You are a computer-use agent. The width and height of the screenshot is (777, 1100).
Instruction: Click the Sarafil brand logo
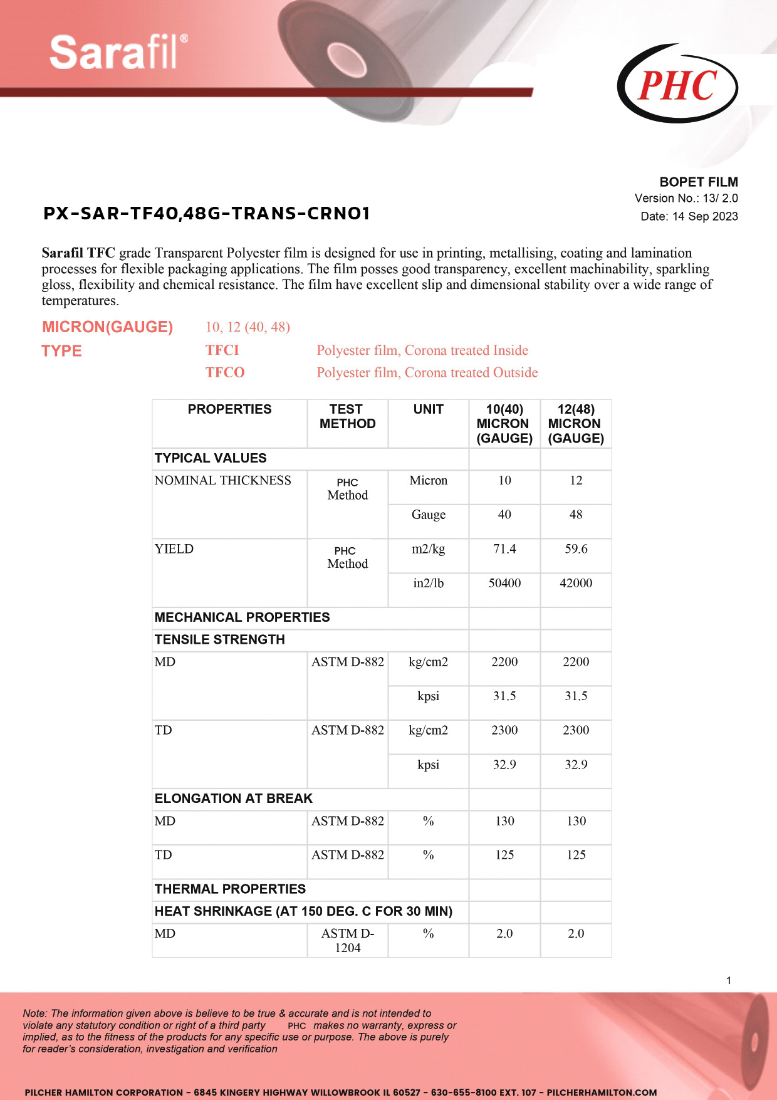point(118,53)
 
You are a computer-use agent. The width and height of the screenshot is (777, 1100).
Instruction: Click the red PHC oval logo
point(677,85)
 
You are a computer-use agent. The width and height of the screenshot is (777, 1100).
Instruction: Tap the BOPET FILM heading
point(699,182)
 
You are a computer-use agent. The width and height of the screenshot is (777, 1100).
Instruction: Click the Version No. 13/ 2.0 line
point(686,198)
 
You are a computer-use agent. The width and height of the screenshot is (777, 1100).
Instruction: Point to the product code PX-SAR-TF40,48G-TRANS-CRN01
point(207,214)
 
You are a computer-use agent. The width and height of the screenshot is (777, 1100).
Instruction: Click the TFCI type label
point(222,350)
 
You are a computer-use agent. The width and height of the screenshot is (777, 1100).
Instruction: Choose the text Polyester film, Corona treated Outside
point(427,372)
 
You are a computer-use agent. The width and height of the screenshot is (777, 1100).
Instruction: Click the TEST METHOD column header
point(347,416)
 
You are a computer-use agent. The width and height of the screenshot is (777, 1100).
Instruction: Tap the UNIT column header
point(428,409)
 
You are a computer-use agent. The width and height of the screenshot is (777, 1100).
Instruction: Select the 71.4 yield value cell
point(504,549)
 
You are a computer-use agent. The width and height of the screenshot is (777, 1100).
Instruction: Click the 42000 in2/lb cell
point(576,583)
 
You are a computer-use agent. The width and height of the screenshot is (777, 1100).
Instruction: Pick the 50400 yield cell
point(504,583)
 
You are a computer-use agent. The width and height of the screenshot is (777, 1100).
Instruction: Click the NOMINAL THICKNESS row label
point(222,481)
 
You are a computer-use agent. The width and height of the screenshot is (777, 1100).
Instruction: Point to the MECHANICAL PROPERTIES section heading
point(242,617)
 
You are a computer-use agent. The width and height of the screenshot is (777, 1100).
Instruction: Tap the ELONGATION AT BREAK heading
point(233,799)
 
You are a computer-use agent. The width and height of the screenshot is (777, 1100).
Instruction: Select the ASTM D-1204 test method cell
point(347,940)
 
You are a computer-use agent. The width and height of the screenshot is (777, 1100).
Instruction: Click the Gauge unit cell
point(428,515)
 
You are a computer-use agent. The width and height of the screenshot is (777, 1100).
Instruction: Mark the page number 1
point(729,980)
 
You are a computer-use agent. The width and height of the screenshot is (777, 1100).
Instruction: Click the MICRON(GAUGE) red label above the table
point(107,327)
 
